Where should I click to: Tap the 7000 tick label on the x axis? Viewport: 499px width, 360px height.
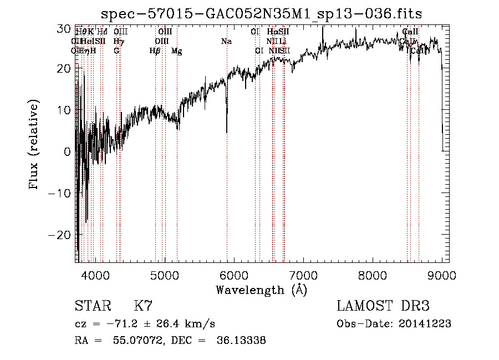pyautogui.click(x=303, y=275)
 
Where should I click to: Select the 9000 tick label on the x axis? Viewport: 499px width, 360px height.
pyautogui.click(x=442, y=275)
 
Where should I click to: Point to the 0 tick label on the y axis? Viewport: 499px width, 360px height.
pyautogui.click(x=67, y=151)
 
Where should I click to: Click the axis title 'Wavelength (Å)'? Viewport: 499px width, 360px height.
pyautogui.click(x=261, y=290)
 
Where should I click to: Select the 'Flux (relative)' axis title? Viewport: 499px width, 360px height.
pyautogui.click(x=34, y=145)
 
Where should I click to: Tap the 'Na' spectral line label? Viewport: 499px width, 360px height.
pyautogui.click(x=226, y=42)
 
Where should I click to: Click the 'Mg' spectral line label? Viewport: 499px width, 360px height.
pyautogui.click(x=176, y=51)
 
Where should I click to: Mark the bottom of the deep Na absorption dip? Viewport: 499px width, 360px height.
pyautogui.click(x=227, y=132)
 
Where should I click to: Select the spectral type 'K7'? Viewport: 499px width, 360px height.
pyautogui.click(x=143, y=306)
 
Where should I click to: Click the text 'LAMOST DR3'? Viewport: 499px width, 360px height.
pyautogui.click(x=383, y=306)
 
